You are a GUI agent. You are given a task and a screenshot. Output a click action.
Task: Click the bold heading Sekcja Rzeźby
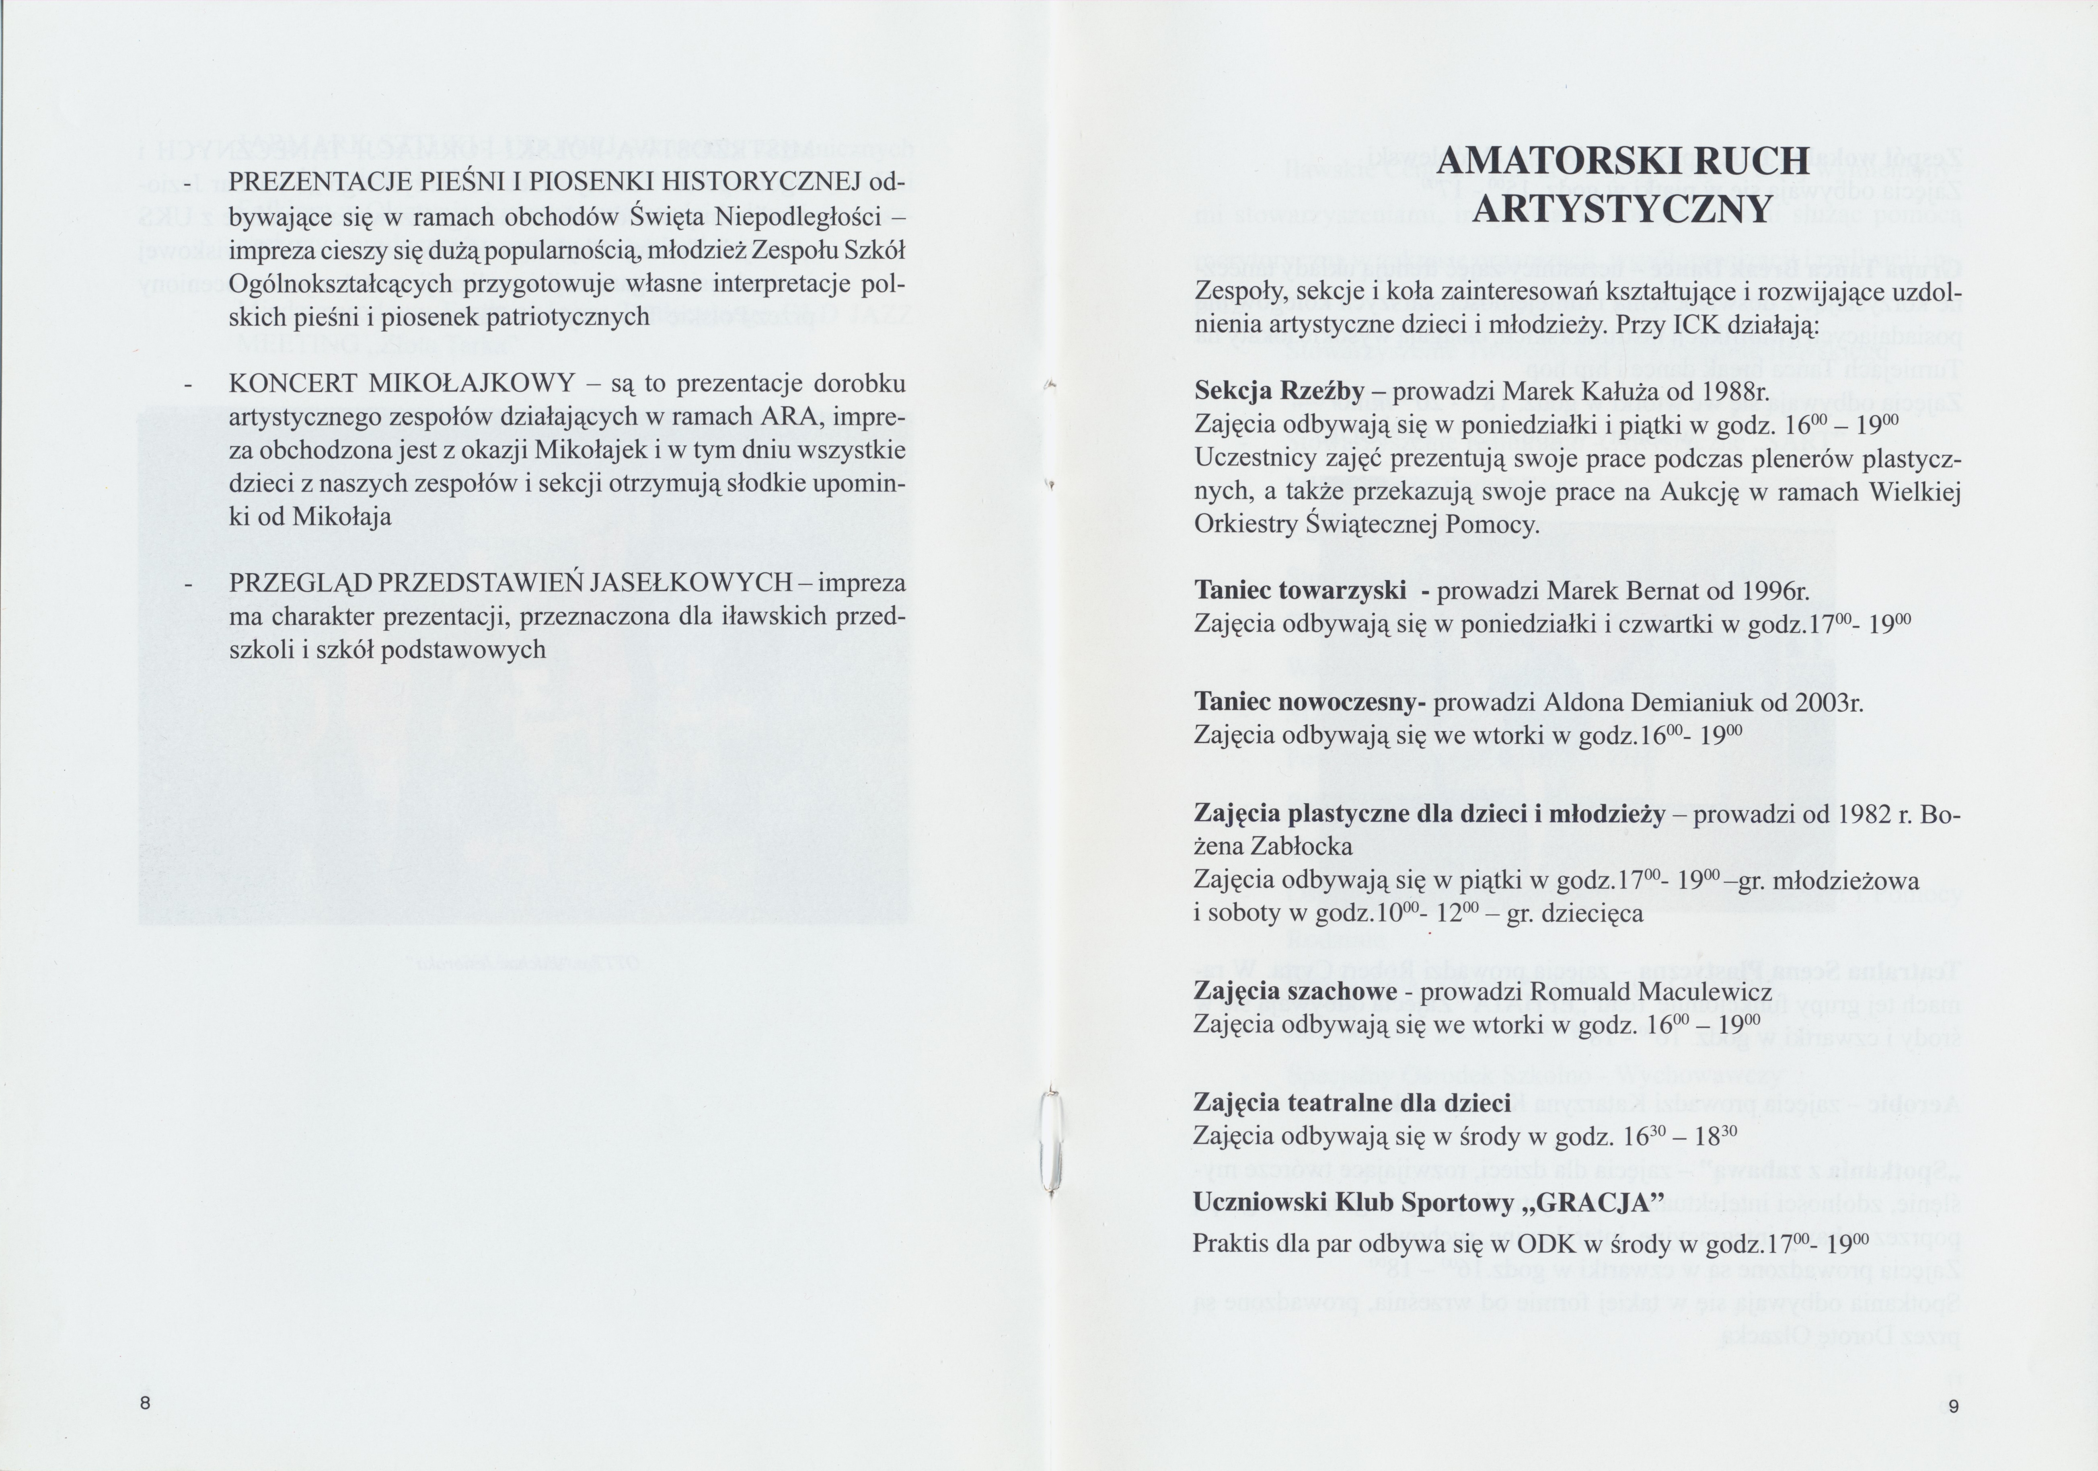[1279, 392]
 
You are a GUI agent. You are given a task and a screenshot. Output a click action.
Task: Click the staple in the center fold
[1052, 1145]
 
